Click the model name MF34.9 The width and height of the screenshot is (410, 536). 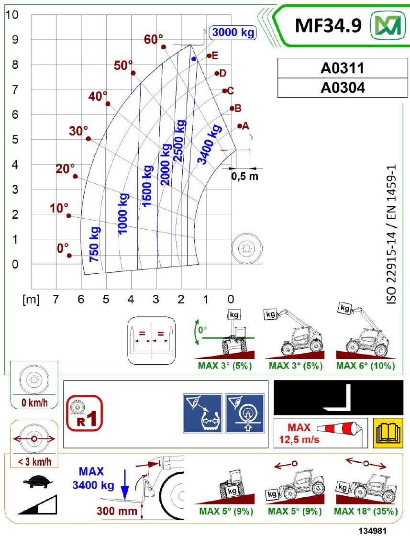point(328,25)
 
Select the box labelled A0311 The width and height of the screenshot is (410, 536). point(342,68)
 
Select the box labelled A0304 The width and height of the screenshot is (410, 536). point(342,88)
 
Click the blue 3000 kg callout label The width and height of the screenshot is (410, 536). point(233,33)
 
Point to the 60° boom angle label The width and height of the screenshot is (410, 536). point(154,40)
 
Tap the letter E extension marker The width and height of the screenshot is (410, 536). point(215,56)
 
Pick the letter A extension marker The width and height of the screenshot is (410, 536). point(246,126)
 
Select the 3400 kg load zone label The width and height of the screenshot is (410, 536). point(210,145)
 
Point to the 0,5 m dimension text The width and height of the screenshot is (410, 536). point(244,176)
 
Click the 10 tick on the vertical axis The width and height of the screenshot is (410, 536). point(12,14)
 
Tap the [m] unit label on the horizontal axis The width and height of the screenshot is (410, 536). point(31,300)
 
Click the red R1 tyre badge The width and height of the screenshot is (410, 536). point(85,413)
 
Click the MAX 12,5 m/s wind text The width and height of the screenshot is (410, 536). point(299,433)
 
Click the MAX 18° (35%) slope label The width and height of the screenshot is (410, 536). point(366,512)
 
